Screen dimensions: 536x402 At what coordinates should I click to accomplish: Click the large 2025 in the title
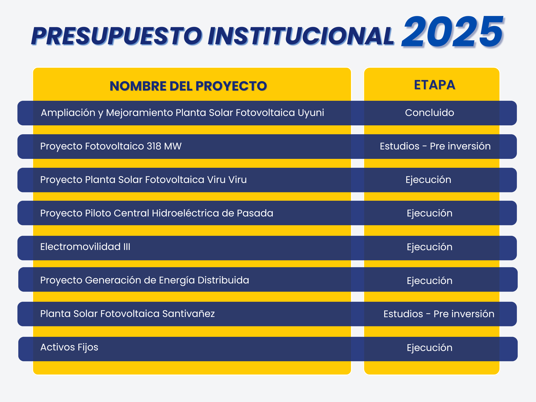(452, 32)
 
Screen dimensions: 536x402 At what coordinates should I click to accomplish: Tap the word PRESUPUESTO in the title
(117, 36)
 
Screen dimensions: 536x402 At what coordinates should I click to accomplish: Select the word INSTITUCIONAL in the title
(301, 36)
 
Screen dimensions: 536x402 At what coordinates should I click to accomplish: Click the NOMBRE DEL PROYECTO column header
(188, 86)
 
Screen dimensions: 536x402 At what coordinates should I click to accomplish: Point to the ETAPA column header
(434, 85)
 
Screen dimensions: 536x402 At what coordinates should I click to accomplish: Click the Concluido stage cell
(429, 113)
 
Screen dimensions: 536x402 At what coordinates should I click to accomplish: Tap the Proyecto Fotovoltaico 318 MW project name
(111, 146)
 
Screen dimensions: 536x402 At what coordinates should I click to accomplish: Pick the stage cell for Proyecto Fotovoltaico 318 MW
(435, 146)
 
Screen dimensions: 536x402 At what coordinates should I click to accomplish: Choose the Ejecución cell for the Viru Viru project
(428, 180)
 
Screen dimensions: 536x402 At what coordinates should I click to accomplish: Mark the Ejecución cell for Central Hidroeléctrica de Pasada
(429, 213)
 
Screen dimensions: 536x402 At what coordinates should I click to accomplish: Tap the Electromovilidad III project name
(85, 247)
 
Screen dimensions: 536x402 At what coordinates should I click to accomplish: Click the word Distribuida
(223, 280)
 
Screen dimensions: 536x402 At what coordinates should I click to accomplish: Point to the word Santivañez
(188, 314)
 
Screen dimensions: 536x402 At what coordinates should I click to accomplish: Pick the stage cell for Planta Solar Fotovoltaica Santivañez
(439, 314)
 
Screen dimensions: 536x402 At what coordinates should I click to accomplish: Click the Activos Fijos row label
(69, 347)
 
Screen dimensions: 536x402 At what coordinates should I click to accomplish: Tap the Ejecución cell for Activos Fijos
(429, 348)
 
